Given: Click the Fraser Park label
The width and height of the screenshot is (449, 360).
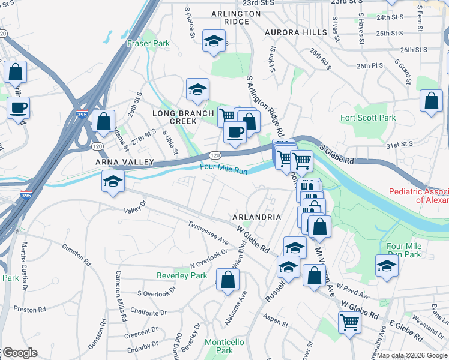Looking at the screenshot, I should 148,43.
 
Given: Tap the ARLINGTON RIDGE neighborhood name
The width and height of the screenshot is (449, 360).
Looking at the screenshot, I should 229,17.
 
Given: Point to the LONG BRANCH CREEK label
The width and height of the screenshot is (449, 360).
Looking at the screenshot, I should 183,117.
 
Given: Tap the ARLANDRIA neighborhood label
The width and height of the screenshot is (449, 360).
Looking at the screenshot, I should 256,216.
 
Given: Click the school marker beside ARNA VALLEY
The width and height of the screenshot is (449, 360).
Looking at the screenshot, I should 112,182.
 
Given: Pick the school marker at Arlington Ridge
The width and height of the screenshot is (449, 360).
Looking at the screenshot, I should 213,41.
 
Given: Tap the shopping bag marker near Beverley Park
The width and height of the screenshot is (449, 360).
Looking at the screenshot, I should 228,280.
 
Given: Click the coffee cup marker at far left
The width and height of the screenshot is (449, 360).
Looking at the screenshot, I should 17,108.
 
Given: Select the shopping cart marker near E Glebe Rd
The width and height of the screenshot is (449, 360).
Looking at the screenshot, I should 349,322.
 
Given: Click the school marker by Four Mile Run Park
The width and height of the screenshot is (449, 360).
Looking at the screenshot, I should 387,266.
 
